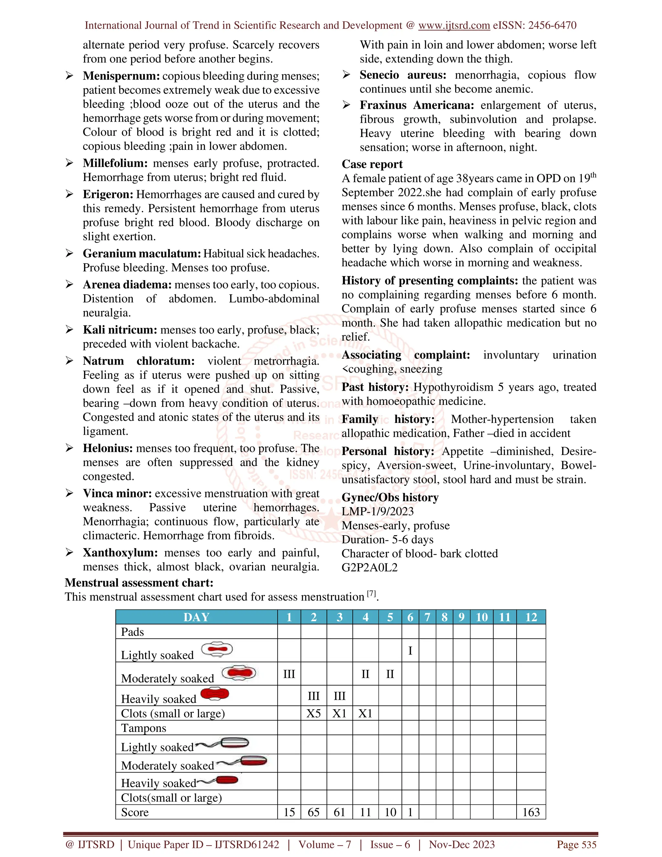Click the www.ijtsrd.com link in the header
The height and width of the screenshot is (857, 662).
[454, 26]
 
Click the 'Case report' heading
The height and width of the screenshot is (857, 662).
[372, 164]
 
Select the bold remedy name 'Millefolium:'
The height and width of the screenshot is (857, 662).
[115, 163]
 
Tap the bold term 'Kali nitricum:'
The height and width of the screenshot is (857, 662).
[120, 330]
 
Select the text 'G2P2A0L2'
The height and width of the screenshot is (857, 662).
[369, 568]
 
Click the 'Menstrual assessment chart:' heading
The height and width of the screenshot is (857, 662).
[139, 582]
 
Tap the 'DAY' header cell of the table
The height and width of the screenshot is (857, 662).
[196, 617]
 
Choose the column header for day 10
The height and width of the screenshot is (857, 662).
[481, 617]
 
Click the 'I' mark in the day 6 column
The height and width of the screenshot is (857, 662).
[410, 651]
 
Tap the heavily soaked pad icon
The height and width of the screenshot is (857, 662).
[215, 694]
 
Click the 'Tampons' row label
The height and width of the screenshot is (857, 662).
[144, 728]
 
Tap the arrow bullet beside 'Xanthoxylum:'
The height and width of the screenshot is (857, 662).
[69, 552]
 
